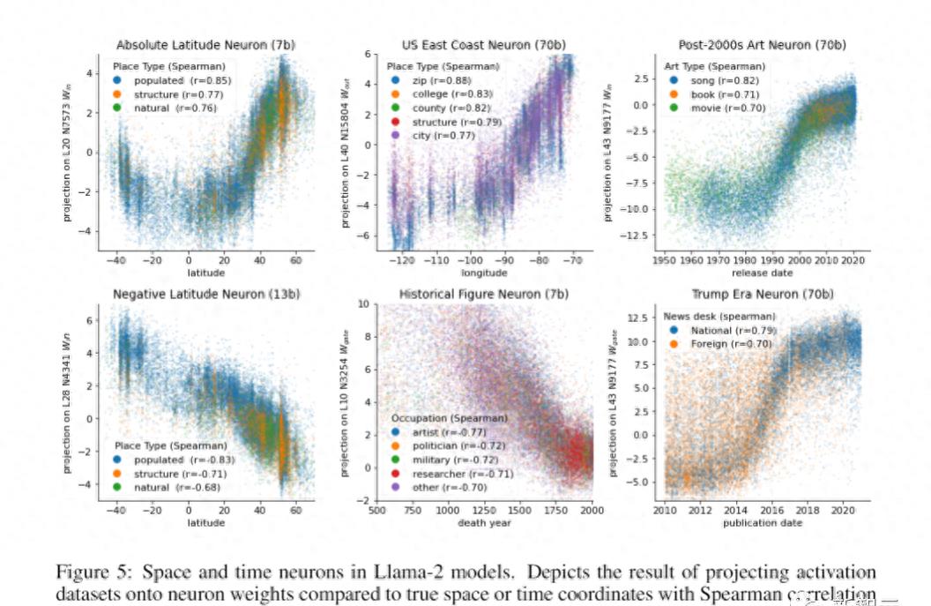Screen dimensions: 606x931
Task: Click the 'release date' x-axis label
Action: [763, 273]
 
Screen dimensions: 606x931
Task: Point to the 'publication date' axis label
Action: [763, 522]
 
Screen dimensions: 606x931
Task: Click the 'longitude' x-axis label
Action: [484, 273]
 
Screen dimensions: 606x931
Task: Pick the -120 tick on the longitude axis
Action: [403, 261]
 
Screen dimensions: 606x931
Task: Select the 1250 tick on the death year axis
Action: [484, 510]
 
